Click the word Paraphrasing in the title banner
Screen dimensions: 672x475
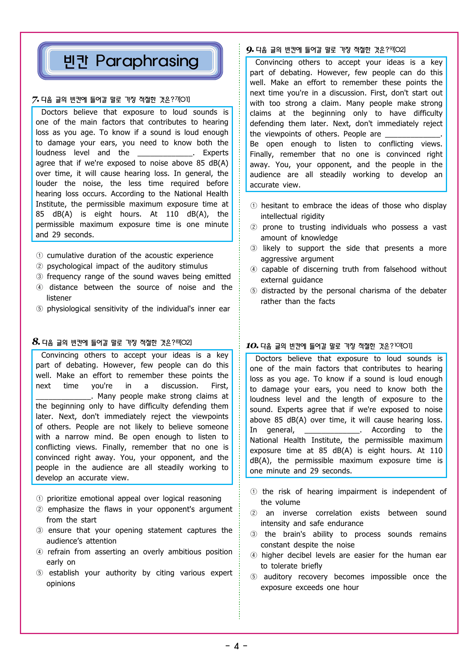(x=147, y=61)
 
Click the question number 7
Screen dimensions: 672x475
(x=35, y=100)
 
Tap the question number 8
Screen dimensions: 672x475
(x=36, y=342)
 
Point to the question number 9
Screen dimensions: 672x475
(x=250, y=50)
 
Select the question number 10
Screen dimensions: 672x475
(x=252, y=346)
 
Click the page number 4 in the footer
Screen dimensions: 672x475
(x=236, y=646)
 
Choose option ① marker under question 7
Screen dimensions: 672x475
(x=39, y=256)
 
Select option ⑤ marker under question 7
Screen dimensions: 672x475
(x=39, y=309)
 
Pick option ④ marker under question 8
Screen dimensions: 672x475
(x=39, y=552)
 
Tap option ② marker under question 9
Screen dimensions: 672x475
(x=254, y=227)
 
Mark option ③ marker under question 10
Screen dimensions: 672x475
(x=254, y=534)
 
